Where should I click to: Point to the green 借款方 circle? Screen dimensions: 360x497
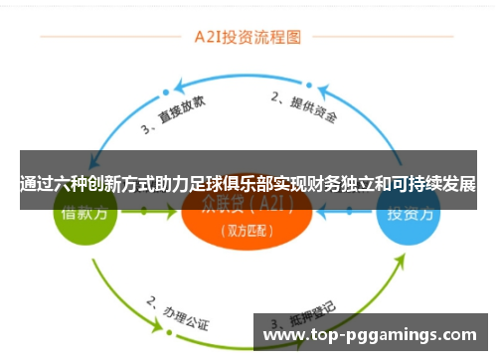click(85, 215)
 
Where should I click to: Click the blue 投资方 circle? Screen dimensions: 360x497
click(408, 215)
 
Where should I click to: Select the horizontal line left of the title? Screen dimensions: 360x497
click(99, 39)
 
